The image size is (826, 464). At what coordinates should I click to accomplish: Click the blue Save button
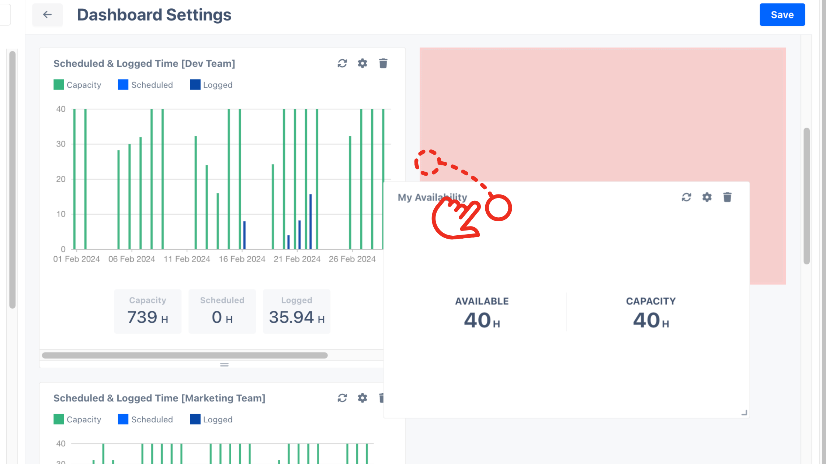(x=782, y=15)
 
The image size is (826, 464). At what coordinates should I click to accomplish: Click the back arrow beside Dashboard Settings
(x=47, y=15)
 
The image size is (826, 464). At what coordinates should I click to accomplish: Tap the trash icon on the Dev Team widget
(x=383, y=63)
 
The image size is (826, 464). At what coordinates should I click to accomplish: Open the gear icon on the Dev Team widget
(x=362, y=63)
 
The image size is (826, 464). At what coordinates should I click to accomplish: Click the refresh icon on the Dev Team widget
(x=342, y=63)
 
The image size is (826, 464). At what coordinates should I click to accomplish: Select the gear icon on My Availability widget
(x=707, y=197)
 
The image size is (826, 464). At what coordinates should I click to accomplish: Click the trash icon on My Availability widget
(x=727, y=197)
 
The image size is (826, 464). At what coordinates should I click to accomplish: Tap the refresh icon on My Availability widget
(x=686, y=197)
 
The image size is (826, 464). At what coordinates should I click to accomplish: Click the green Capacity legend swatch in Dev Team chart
(x=59, y=85)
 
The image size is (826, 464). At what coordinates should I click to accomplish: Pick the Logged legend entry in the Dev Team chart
(x=211, y=85)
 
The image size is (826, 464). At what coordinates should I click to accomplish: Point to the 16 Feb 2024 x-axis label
(x=242, y=259)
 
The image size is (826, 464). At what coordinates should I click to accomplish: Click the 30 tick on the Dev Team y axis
(x=61, y=144)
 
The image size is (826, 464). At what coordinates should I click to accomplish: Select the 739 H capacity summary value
(x=147, y=317)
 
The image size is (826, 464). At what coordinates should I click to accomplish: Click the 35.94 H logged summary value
(x=296, y=317)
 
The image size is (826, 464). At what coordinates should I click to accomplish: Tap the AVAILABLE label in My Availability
(x=482, y=301)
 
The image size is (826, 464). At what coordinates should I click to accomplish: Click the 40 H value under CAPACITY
(x=651, y=320)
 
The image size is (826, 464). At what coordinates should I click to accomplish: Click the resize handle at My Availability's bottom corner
(x=744, y=413)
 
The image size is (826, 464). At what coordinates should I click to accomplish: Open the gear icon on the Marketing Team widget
(x=362, y=398)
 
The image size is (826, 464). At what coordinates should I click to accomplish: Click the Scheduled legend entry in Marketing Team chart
(x=145, y=419)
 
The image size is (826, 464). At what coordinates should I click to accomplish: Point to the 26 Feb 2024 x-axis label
(x=352, y=259)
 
